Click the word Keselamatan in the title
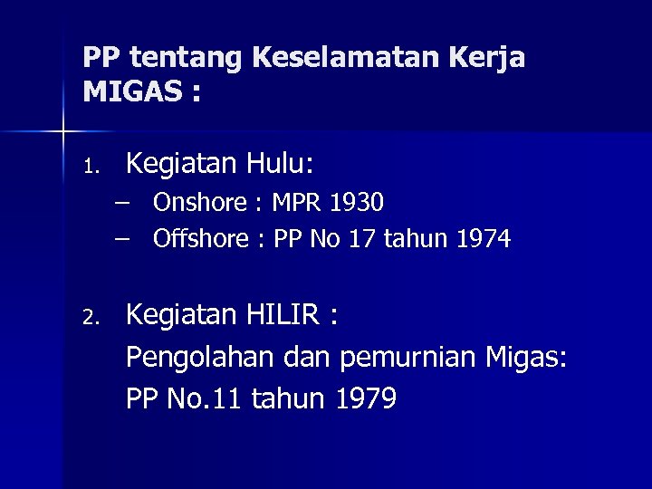click(x=346, y=58)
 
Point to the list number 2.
click(x=89, y=318)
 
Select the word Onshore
click(x=200, y=202)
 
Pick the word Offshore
click(x=201, y=239)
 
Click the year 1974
click(x=484, y=239)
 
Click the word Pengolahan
click(x=198, y=359)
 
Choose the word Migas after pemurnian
click(x=526, y=359)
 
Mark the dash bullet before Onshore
click(x=122, y=201)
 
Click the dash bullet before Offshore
click(x=122, y=238)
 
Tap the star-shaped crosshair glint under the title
click(x=64, y=132)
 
